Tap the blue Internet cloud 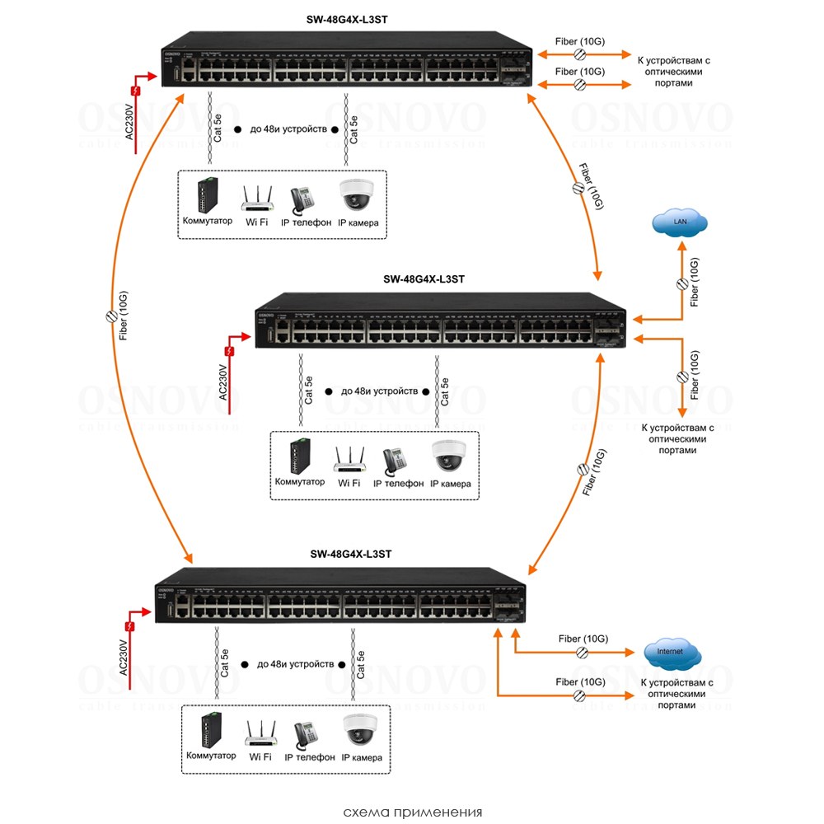pyautogui.click(x=672, y=653)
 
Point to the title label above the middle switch pyautogui.click(x=424, y=279)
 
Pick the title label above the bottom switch pyautogui.click(x=350, y=555)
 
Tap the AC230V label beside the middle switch pyautogui.click(x=224, y=382)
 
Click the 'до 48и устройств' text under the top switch pyautogui.click(x=288, y=129)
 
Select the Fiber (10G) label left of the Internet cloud pyautogui.click(x=583, y=639)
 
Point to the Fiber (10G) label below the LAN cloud pyautogui.click(x=695, y=283)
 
